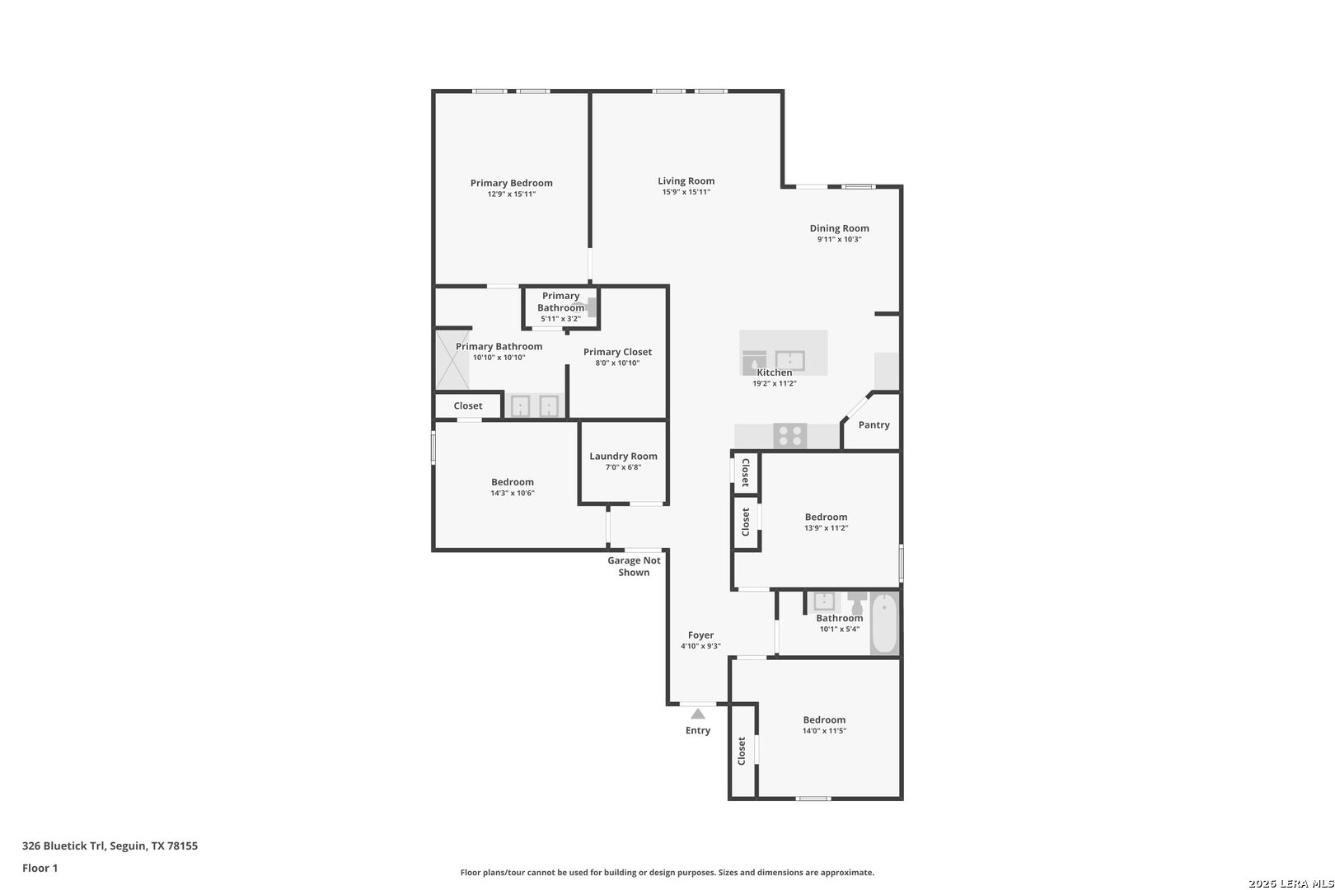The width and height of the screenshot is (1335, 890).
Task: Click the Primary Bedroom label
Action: pos(511,183)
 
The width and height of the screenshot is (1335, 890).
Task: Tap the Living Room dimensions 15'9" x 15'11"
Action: pos(686,192)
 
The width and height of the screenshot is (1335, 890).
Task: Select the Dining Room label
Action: pos(839,228)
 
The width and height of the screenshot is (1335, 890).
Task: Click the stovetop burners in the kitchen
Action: pos(789,435)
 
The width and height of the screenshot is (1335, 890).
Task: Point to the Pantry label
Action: pos(874,425)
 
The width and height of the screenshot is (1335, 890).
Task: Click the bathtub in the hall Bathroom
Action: pos(884,623)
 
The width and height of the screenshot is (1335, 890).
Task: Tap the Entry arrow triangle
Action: pos(698,714)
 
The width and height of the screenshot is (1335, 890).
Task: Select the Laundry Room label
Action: pos(623,456)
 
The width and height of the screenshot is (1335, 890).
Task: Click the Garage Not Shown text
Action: pos(634,566)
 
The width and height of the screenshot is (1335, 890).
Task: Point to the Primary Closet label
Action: pos(617,352)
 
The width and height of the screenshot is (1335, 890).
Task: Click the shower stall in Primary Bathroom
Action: pos(452,359)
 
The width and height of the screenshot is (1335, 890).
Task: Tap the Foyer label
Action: pos(700,635)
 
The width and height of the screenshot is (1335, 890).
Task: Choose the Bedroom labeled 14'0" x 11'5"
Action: pos(824,719)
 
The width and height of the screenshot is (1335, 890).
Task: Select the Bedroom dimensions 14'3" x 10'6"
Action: pos(513,494)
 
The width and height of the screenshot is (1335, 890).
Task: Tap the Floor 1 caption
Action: pos(40,868)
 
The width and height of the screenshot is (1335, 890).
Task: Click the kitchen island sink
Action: pos(789,360)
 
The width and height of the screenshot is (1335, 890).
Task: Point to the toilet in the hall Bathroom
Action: pos(857,601)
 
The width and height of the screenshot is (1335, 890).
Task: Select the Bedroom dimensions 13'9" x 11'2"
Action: pos(826,528)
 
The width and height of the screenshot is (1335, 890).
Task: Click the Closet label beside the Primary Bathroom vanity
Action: pos(467,405)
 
